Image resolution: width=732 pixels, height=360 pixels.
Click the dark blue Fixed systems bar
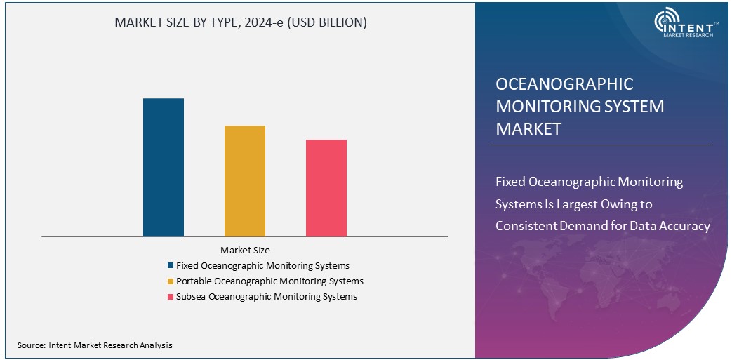(x=164, y=168)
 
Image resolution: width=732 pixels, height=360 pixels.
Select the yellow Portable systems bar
(x=245, y=181)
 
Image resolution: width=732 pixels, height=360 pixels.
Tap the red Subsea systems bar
(x=326, y=188)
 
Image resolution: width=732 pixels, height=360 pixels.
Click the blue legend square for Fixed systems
(x=171, y=266)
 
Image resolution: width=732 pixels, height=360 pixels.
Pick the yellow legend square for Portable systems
(x=171, y=281)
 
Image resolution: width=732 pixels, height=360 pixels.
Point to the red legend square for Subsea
(x=171, y=297)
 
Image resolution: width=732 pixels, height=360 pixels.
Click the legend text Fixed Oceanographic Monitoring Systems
(x=262, y=266)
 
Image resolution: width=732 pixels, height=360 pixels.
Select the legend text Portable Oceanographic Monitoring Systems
(x=269, y=281)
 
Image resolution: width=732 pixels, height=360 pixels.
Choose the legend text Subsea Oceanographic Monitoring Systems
(x=267, y=297)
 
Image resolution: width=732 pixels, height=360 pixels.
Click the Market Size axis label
(x=245, y=250)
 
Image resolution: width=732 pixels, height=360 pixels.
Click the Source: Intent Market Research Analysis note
(x=95, y=345)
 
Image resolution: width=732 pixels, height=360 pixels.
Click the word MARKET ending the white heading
(x=528, y=129)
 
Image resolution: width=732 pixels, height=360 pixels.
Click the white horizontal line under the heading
(x=600, y=145)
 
